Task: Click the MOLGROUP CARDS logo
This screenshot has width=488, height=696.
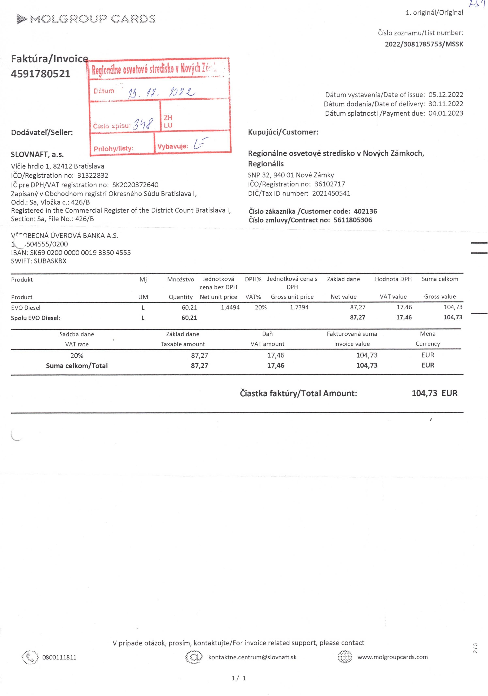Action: click(86, 19)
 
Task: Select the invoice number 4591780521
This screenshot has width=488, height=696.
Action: click(41, 74)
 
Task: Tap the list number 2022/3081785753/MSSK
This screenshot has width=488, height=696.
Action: click(424, 44)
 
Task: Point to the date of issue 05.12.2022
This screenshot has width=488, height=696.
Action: click(445, 95)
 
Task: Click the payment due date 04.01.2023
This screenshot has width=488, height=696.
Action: click(445, 113)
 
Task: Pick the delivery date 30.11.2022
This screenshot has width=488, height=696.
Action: click(445, 104)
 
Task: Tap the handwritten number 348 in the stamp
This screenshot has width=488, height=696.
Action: click(143, 124)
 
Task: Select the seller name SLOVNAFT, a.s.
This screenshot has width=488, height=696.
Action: click(37, 154)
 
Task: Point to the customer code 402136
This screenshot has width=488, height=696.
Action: click(365, 211)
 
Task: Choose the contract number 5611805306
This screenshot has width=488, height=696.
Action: click(352, 220)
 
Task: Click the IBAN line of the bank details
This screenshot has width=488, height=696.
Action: click(71, 253)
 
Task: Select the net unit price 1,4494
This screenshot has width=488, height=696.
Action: click(230, 307)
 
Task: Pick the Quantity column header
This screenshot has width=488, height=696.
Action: click(180, 297)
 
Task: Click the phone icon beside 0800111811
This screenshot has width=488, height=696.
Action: click(30, 657)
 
